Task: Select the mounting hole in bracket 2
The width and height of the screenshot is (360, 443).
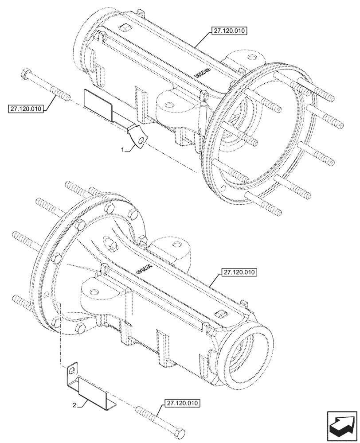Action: [72, 367]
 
